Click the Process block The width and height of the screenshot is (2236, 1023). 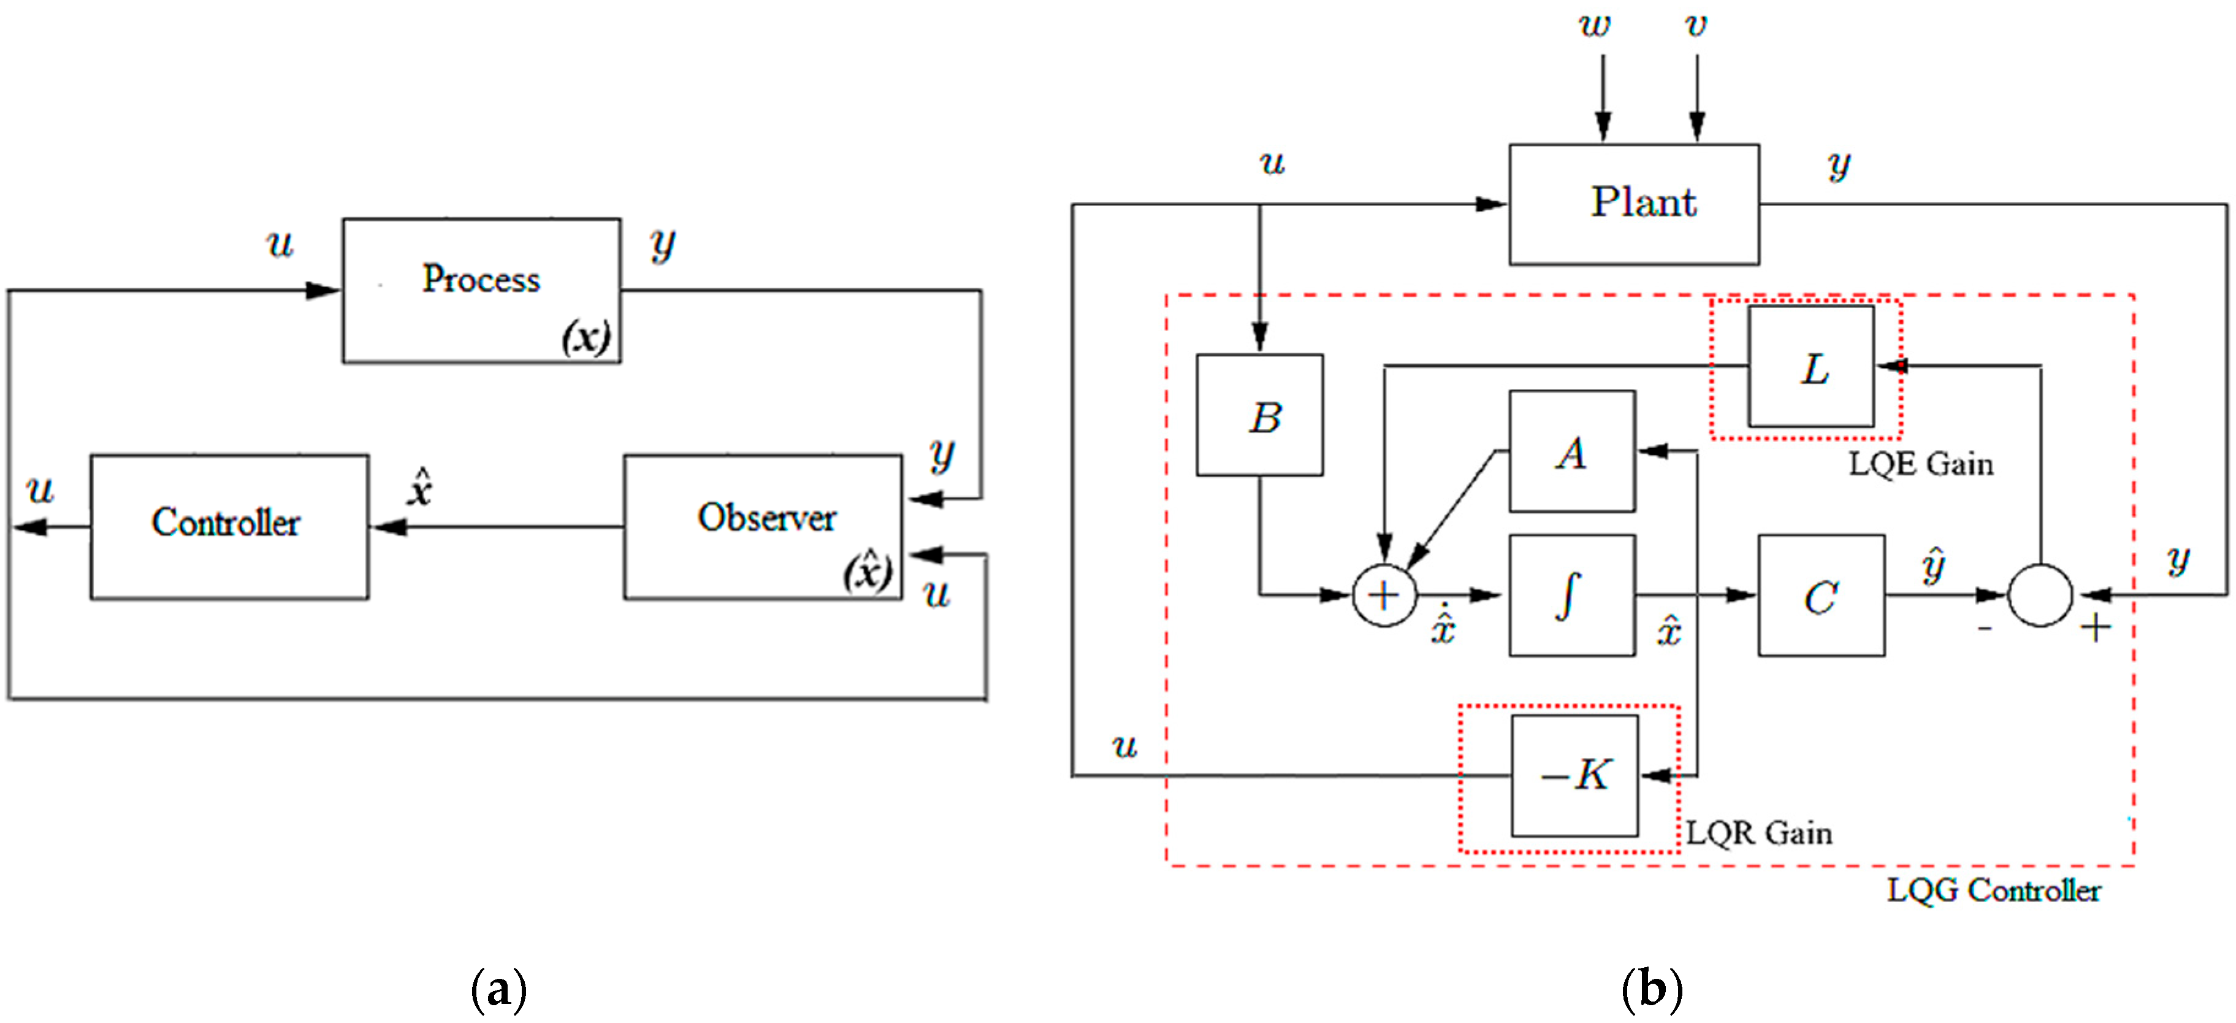pyautogui.click(x=482, y=290)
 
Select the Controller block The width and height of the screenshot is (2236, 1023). pyautogui.click(x=229, y=526)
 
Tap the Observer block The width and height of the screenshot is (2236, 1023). pyautogui.click(x=763, y=526)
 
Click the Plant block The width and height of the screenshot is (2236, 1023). pyautogui.click(x=1633, y=204)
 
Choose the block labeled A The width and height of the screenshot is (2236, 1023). pyautogui.click(x=1572, y=451)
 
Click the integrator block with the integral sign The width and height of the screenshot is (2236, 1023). pyautogui.click(x=1572, y=595)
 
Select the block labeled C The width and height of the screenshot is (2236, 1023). pyautogui.click(x=1821, y=595)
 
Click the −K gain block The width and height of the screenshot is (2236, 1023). pyautogui.click(x=1574, y=775)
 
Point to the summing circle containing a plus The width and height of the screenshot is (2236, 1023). pyautogui.click(x=1384, y=595)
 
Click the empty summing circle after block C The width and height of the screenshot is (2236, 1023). pyautogui.click(x=2040, y=595)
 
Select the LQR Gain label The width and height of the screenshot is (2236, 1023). pyautogui.click(x=1758, y=833)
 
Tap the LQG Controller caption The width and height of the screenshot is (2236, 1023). pyautogui.click(x=1993, y=890)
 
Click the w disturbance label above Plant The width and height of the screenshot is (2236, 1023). pyautogui.click(x=1593, y=25)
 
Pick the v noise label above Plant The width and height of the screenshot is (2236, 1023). pyautogui.click(x=1695, y=25)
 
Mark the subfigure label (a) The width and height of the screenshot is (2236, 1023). pyautogui.click(x=498, y=989)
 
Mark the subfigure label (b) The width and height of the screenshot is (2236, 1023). pyautogui.click(x=1651, y=989)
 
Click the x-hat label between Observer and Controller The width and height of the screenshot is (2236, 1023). pyautogui.click(x=420, y=488)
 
